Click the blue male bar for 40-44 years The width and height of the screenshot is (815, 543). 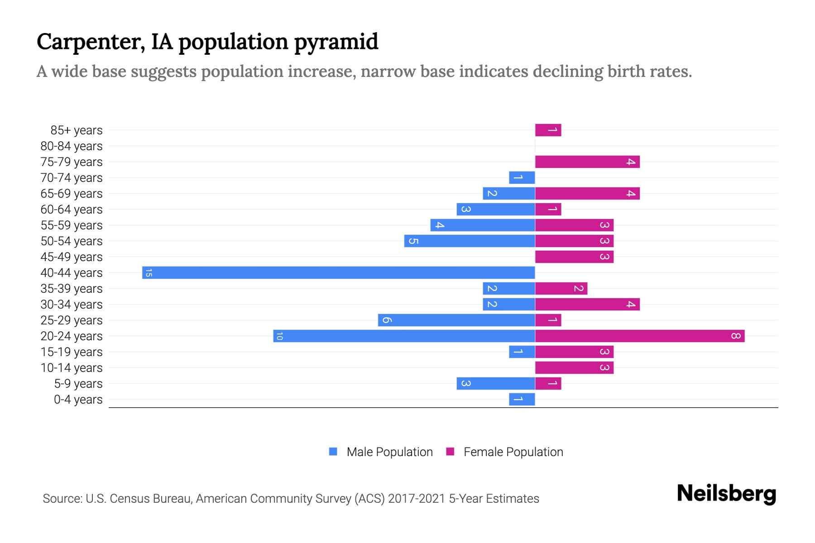[x=339, y=273]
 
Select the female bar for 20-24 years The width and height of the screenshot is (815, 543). [x=640, y=336]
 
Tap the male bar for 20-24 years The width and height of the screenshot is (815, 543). [x=404, y=336]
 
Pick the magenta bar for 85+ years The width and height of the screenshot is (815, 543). [x=548, y=130]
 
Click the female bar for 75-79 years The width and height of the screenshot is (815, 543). [x=587, y=162]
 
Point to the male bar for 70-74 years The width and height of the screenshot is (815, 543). [x=522, y=178]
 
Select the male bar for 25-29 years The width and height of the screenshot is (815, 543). [x=456, y=320]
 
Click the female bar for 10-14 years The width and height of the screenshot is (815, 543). [x=574, y=368]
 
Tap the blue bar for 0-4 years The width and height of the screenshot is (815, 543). [x=522, y=400]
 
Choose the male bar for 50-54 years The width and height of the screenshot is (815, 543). [x=470, y=241]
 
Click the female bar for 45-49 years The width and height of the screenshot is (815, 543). [x=574, y=257]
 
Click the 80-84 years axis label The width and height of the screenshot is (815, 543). [x=72, y=146]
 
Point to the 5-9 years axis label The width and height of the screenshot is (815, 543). [x=78, y=384]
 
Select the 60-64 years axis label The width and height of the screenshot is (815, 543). [x=72, y=210]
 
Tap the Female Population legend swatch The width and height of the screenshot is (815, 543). [x=450, y=452]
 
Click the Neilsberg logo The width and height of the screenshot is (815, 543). [x=726, y=493]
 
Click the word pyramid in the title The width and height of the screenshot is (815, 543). [x=336, y=42]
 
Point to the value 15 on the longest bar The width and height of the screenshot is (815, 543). [x=149, y=273]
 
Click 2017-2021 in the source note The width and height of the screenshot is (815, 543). [x=417, y=499]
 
